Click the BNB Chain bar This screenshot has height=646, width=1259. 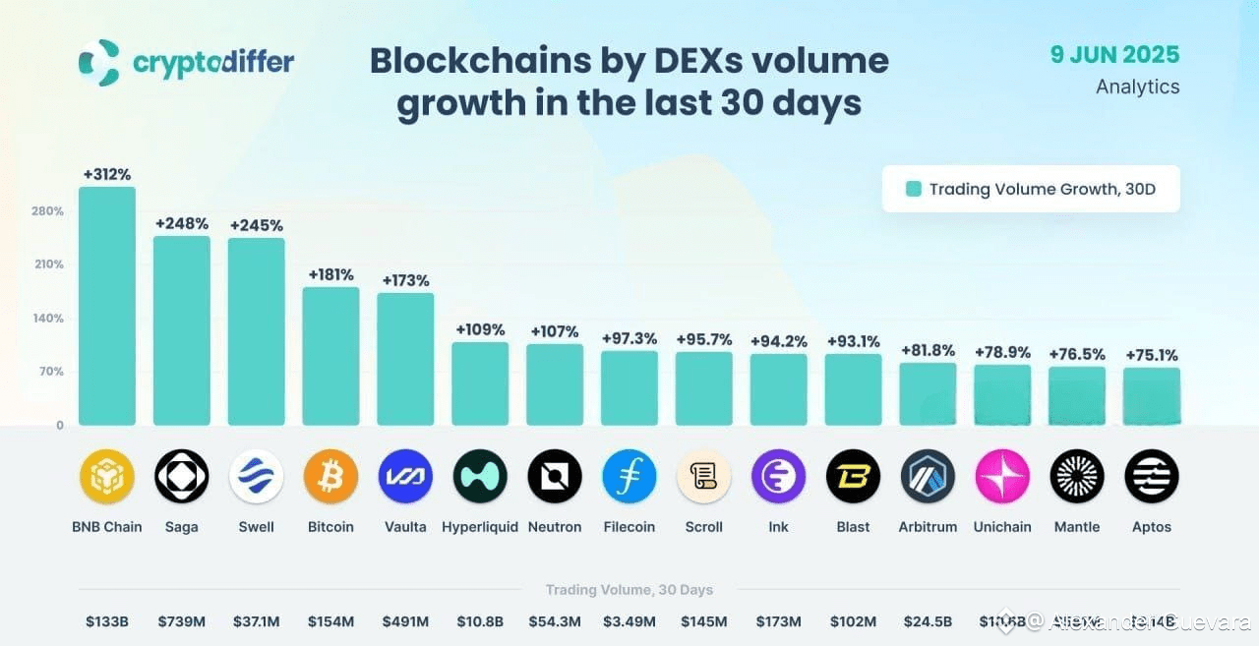point(107,307)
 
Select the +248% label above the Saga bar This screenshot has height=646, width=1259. point(182,223)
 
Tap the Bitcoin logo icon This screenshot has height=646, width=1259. point(330,477)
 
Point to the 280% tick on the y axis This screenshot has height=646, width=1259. point(47,211)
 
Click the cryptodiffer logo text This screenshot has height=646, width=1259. point(212,63)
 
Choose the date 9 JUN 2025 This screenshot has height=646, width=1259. point(1114,54)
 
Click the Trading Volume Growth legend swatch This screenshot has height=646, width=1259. point(913,189)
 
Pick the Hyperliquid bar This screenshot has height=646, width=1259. point(480,383)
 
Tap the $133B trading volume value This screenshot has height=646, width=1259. point(107,621)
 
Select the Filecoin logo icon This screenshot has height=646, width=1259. point(629,477)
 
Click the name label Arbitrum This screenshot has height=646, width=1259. point(928,527)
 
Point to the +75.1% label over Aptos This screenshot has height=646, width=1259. point(1152,355)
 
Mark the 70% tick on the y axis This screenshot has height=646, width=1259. point(51,372)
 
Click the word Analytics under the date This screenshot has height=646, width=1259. point(1137,87)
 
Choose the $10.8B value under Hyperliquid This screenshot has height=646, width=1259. point(480,621)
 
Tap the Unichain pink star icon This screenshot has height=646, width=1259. point(1002,477)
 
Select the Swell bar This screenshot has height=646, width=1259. point(257,331)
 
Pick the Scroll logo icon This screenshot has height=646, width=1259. point(704,477)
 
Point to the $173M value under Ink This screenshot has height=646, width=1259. point(778,621)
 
